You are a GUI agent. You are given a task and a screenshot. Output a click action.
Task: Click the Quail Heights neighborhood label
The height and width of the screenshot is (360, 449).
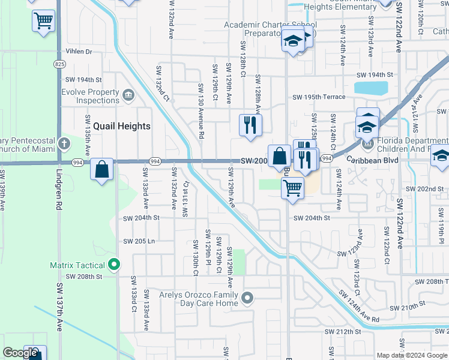click(x=121, y=126)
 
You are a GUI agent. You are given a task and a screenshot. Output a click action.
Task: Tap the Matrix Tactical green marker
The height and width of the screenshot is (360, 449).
click(x=114, y=264)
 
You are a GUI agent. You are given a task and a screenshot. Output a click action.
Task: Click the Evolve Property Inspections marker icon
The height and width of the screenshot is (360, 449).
click(x=128, y=95)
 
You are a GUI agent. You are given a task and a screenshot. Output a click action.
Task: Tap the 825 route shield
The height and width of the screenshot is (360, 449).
click(x=59, y=64)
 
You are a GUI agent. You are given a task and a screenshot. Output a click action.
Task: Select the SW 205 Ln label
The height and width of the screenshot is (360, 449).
click(x=139, y=241)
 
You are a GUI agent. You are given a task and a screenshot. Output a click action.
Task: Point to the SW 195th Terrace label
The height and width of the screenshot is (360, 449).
click(x=319, y=97)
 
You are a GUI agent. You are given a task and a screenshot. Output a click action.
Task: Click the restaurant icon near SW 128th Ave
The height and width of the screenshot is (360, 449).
click(x=250, y=125)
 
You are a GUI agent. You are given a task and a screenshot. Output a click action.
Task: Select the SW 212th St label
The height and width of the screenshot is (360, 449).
click(x=343, y=331)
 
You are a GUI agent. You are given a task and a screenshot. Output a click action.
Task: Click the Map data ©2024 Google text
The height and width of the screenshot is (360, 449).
click(x=412, y=355)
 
